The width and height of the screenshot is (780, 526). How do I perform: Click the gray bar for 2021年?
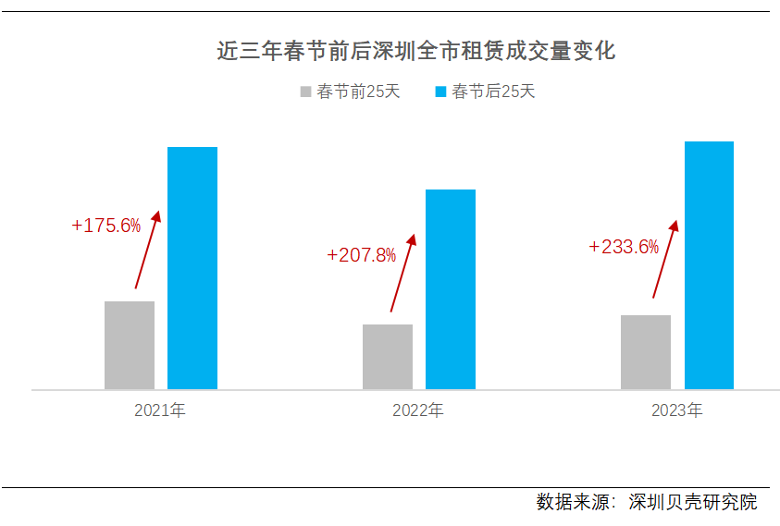pyautogui.click(x=130, y=345)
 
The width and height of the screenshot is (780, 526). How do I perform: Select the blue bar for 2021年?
pyautogui.click(x=192, y=268)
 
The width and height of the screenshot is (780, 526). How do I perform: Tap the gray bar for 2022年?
pyautogui.click(x=388, y=357)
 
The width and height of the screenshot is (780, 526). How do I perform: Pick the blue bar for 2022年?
pyautogui.click(x=451, y=289)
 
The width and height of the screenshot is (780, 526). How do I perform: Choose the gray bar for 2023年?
pyautogui.click(x=646, y=352)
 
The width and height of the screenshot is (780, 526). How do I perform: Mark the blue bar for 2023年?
pyautogui.click(x=709, y=265)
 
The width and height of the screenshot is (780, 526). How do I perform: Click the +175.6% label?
pyautogui.click(x=105, y=226)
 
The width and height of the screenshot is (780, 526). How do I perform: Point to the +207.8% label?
pyautogui.click(x=362, y=254)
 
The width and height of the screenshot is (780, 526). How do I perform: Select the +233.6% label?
pyautogui.click(x=624, y=247)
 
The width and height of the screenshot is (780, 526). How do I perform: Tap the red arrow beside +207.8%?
pyautogui.click(x=402, y=272)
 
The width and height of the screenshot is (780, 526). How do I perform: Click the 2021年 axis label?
pyautogui.click(x=160, y=410)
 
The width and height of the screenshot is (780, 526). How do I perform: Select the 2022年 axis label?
pyautogui.click(x=418, y=410)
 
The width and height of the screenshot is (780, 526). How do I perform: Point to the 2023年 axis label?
pyautogui.click(x=676, y=410)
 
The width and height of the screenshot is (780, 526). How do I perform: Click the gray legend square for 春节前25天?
pyautogui.click(x=305, y=92)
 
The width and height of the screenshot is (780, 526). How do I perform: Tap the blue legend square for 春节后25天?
pyautogui.click(x=440, y=92)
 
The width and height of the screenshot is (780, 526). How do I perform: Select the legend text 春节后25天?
pyautogui.click(x=493, y=92)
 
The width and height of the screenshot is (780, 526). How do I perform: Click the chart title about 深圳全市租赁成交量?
pyautogui.click(x=415, y=50)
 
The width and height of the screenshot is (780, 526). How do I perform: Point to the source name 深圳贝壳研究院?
pyautogui.click(x=692, y=502)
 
